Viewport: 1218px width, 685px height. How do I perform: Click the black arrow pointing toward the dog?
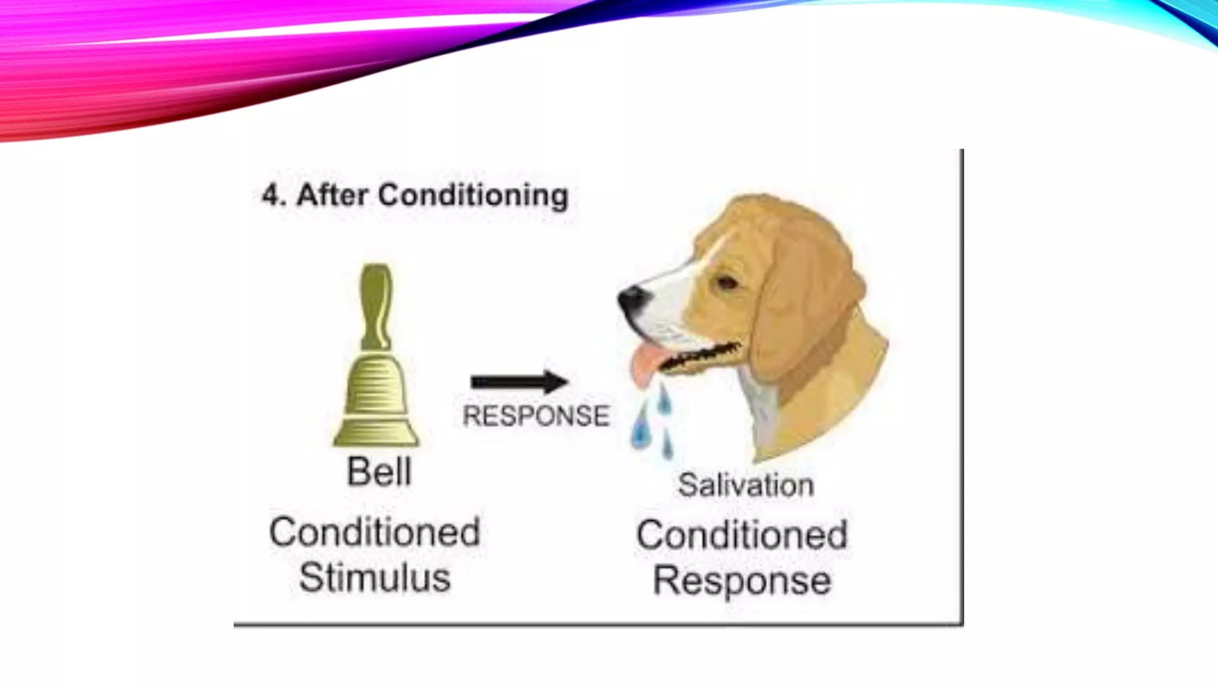pyautogui.click(x=519, y=382)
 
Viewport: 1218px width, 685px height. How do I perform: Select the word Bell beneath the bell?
pyautogui.click(x=379, y=472)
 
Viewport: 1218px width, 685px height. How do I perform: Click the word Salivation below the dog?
pyautogui.click(x=746, y=485)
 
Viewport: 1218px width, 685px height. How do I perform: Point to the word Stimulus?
pyautogui.click(x=375, y=577)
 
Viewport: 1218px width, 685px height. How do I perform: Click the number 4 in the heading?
pyautogui.click(x=271, y=195)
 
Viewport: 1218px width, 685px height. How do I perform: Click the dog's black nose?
pyautogui.click(x=630, y=298)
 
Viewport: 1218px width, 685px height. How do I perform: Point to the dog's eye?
pyautogui.click(x=727, y=282)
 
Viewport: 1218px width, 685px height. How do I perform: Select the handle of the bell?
pyautogui.click(x=376, y=306)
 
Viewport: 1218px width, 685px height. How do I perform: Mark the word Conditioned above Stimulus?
pyautogui.click(x=375, y=532)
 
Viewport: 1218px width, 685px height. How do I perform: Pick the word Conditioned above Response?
pyautogui.click(x=742, y=535)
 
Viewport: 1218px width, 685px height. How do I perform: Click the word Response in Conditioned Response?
pyautogui.click(x=742, y=580)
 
